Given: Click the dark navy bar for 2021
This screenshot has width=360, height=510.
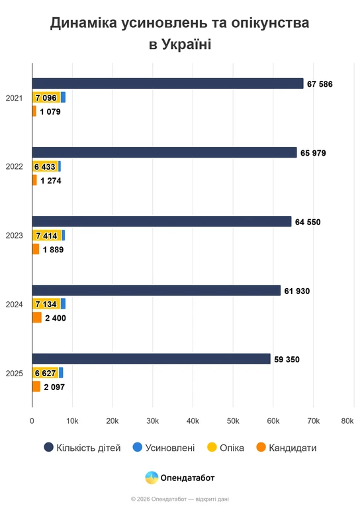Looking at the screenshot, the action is (167, 83).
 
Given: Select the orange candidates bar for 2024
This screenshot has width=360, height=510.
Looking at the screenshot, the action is (37, 317).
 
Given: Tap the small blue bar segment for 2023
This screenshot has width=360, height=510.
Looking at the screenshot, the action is (64, 235).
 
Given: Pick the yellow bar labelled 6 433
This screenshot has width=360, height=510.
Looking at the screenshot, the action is (45, 166).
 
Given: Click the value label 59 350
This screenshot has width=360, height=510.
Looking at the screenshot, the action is (287, 360).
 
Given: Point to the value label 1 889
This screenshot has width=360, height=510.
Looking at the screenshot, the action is (54, 250).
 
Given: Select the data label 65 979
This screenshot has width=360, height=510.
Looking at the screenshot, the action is (313, 153).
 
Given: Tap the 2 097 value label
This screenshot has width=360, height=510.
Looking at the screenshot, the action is (54, 387).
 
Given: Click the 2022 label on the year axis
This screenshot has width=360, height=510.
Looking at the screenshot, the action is (15, 166).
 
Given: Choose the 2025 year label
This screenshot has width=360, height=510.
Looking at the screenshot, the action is (15, 374).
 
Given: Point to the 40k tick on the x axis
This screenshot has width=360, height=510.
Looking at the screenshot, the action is (193, 421).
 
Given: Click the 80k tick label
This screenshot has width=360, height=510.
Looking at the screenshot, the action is (347, 421).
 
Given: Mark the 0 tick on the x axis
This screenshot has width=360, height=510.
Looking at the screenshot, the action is (32, 421).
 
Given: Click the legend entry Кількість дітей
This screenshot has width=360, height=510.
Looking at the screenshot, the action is (82, 448).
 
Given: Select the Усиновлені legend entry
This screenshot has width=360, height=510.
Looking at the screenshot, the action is (163, 448).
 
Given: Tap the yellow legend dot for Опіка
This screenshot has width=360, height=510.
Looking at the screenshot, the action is (212, 447).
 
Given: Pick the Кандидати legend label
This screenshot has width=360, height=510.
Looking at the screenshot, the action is (292, 448).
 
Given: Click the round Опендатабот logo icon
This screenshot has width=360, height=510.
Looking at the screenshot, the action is (152, 478).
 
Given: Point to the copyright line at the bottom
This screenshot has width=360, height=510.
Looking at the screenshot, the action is (180, 499).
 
